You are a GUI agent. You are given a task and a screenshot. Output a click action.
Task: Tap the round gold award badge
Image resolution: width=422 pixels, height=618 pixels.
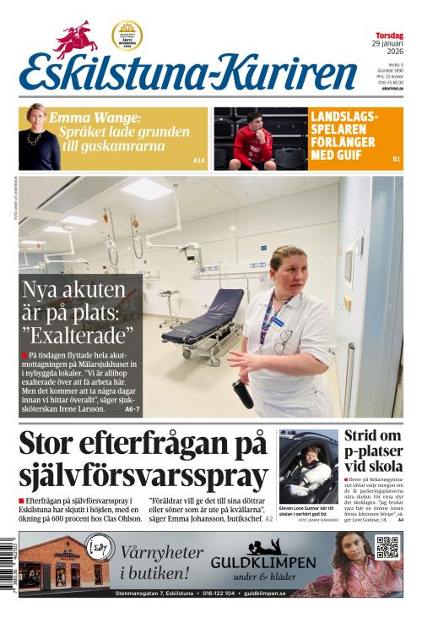(x=127, y=36)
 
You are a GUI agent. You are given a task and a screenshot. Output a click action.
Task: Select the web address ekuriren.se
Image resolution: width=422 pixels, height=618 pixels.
(x=389, y=88)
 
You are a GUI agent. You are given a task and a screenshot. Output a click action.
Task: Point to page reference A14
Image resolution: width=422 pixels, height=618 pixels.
(x=199, y=161)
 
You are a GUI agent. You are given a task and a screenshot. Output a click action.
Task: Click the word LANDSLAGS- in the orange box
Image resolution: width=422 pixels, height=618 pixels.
(x=344, y=117)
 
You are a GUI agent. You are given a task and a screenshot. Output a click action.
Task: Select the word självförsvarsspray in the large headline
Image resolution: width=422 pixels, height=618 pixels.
(x=143, y=477)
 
